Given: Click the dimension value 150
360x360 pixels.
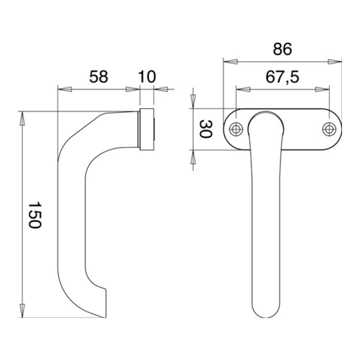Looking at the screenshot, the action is tap(34, 215).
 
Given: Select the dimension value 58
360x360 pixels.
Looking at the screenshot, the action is tap(98, 76).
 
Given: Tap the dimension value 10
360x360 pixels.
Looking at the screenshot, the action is tap(147, 76).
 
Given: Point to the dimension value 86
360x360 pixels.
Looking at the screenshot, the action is tap(282, 49).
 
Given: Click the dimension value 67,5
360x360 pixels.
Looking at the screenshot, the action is tap(282, 77).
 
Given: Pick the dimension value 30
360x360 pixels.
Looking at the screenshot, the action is tap(205, 129).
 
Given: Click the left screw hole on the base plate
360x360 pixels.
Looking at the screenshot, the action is tap(236, 129).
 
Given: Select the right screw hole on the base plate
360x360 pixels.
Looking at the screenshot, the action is tap(329, 129).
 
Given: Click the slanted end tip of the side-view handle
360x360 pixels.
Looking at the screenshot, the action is tap(105, 317).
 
